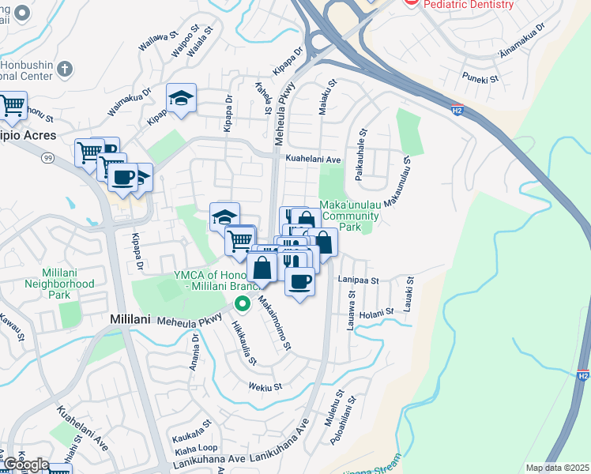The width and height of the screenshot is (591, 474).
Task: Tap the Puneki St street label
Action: (x=481, y=78)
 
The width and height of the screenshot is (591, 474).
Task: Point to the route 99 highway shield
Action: (x=48, y=158)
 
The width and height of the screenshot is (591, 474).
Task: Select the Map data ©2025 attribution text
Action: (x=557, y=468)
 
